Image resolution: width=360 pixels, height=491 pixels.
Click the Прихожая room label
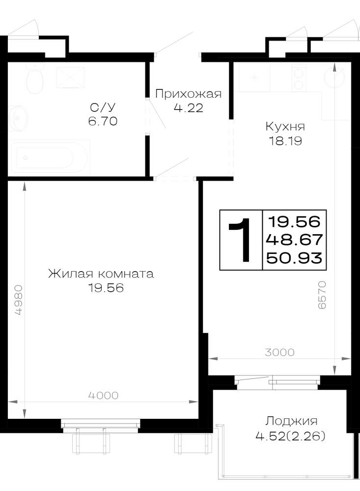click(x=188, y=94)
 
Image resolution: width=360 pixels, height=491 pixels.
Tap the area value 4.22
click(x=188, y=108)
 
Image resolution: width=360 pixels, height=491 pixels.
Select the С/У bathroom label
click(x=103, y=108)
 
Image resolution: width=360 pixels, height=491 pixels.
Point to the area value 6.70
click(x=103, y=121)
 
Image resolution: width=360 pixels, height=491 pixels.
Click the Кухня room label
click(x=285, y=127)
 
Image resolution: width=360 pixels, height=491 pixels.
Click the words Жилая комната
click(x=101, y=273)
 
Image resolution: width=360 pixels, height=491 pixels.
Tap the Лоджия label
click(x=291, y=421)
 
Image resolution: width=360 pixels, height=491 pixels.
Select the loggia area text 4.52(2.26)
click(x=290, y=436)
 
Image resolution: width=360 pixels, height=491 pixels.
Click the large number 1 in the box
click(x=241, y=240)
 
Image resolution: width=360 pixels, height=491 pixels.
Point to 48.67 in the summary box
click(x=294, y=240)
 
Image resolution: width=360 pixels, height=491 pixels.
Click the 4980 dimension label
click(x=19, y=300)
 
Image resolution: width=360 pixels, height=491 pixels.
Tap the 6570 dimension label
click(x=322, y=295)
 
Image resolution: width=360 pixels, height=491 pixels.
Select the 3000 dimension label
click(x=279, y=352)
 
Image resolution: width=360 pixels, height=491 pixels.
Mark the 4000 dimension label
click(x=103, y=395)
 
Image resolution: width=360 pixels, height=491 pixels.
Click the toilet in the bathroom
click(x=34, y=78)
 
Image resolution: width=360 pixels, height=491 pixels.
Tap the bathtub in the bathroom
click(x=50, y=157)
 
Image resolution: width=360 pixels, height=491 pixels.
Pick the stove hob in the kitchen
click(x=299, y=78)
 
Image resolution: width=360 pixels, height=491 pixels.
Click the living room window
click(x=101, y=425)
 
